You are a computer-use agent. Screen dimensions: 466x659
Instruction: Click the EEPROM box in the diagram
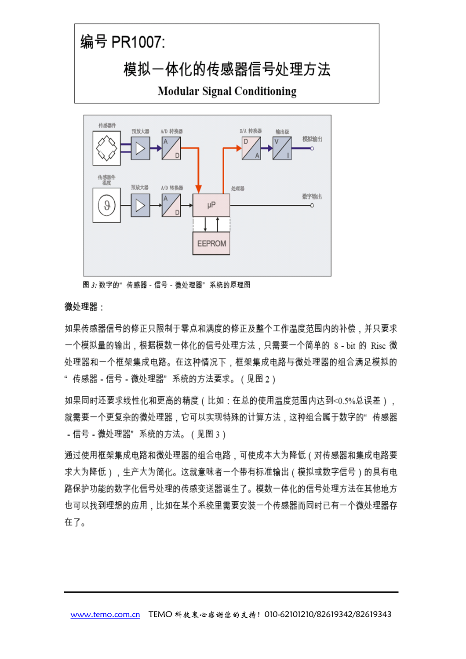[x=211, y=243]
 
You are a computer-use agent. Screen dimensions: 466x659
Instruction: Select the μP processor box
[x=211, y=205]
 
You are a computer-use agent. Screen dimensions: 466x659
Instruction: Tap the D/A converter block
[x=251, y=148]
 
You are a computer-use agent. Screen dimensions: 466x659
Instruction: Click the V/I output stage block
[x=282, y=148]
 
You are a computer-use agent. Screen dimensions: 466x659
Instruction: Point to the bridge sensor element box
[x=106, y=148]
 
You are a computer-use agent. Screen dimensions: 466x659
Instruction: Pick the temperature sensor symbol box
[x=106, y=205]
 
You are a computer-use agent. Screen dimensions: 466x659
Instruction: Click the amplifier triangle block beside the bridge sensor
[x=140, y=148]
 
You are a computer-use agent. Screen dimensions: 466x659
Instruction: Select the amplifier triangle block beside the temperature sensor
[x=140, y=205]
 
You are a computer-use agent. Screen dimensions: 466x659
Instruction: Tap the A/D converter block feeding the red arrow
[x=171, y=148]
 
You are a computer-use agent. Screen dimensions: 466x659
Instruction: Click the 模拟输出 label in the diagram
[x=312, y=139]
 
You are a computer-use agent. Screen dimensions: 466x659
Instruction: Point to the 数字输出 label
[x=312, y=196]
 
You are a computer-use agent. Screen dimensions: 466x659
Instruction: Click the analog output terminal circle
[x=312, y=148]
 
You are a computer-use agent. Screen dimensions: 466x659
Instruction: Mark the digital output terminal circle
[x=312, y=205]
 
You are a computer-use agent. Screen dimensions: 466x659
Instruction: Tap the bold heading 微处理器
[x=81, y=307]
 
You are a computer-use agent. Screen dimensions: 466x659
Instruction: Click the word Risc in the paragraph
[x=378, y=346]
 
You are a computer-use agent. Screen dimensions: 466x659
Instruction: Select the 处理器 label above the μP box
[x=237, y=188]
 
